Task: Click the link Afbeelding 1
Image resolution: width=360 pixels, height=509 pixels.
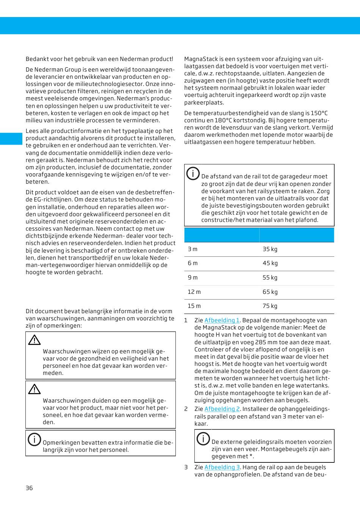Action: tap(222, 320)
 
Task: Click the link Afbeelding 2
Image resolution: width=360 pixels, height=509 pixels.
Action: tap(222, 409)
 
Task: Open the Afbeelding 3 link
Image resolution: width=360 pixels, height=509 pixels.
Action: tap(222, 467)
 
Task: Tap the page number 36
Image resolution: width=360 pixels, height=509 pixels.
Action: tap(29, 488)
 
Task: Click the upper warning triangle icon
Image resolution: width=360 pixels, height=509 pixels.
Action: tap(34, 340)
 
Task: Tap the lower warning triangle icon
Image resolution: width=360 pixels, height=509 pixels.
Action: tap(34, 389)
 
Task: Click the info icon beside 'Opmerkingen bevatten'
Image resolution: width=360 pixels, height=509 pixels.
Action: tap(34, 439)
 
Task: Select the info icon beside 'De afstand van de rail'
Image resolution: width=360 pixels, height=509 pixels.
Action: tap(193, 173)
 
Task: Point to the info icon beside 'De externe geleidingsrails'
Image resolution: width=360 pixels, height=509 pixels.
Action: tap(203, 439)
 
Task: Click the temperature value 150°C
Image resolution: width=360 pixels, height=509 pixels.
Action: tap(319, 113)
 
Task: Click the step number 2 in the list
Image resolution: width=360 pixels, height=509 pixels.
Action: tap(186, 409)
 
